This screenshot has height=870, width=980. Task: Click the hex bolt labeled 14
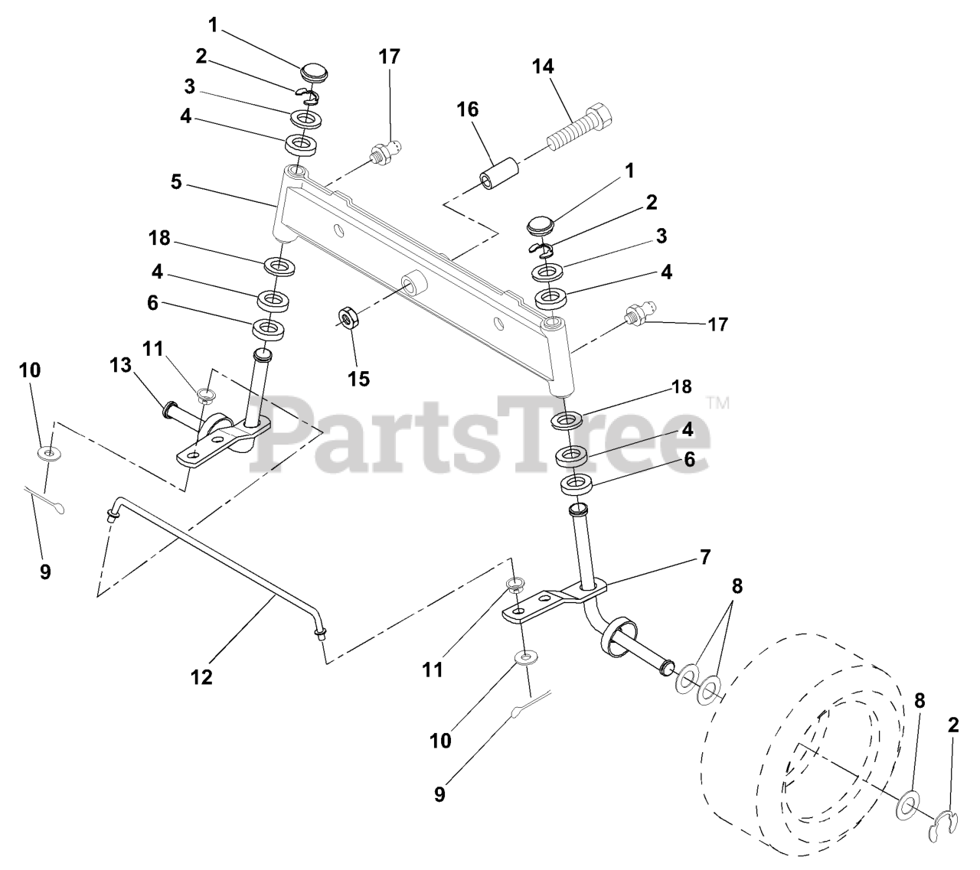580,127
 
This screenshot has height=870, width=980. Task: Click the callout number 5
176,182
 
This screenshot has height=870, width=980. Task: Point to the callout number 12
201,677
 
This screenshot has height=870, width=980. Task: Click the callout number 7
705,556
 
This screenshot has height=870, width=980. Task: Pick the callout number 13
120,365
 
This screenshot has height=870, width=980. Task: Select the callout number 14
543,67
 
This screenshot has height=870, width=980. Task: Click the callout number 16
467,109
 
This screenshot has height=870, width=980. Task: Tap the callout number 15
358,379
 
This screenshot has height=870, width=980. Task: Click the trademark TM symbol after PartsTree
718,402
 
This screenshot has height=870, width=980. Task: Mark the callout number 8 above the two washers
737,586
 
